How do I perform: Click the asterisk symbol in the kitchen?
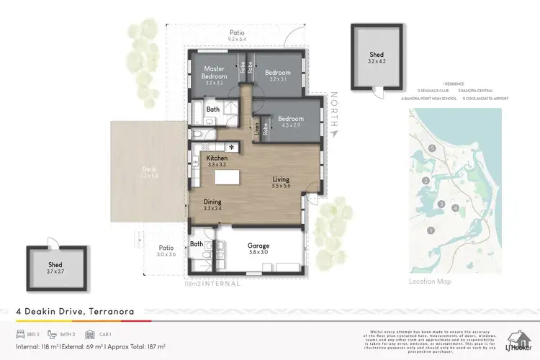(x=232, y=148)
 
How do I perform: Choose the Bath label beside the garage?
(x=197, y=244)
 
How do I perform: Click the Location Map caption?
(x=430, y=281)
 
